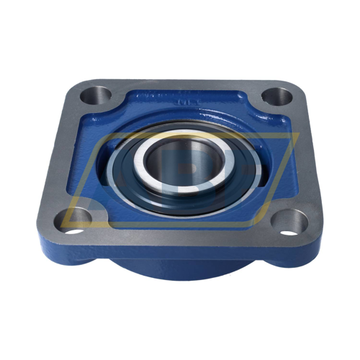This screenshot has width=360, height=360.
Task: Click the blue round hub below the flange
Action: click(x=180, y=268)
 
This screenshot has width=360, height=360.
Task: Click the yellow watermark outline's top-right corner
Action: click(x=297, y=135)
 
